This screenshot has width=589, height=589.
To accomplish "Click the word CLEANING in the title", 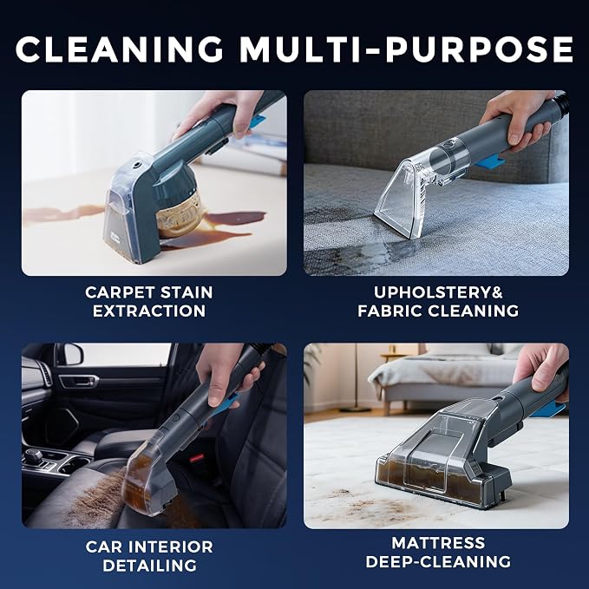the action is tap(119, 49).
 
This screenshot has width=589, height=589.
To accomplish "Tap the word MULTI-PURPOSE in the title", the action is tap(407, 49).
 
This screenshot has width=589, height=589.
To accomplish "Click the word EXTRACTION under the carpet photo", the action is tap(149, 311).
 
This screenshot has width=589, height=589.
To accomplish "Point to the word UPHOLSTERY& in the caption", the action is tap(438, 292).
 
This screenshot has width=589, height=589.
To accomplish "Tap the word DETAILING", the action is tap(149, 566).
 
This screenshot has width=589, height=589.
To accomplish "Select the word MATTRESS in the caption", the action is tap(438, 543).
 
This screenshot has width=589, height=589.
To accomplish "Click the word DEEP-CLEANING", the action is tap(438, 561).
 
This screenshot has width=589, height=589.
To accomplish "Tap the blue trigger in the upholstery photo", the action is tap(489, 160).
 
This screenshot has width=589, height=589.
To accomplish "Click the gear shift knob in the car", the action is tap(34, 455).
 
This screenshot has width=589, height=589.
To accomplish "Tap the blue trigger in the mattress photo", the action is tap(548, 409).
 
